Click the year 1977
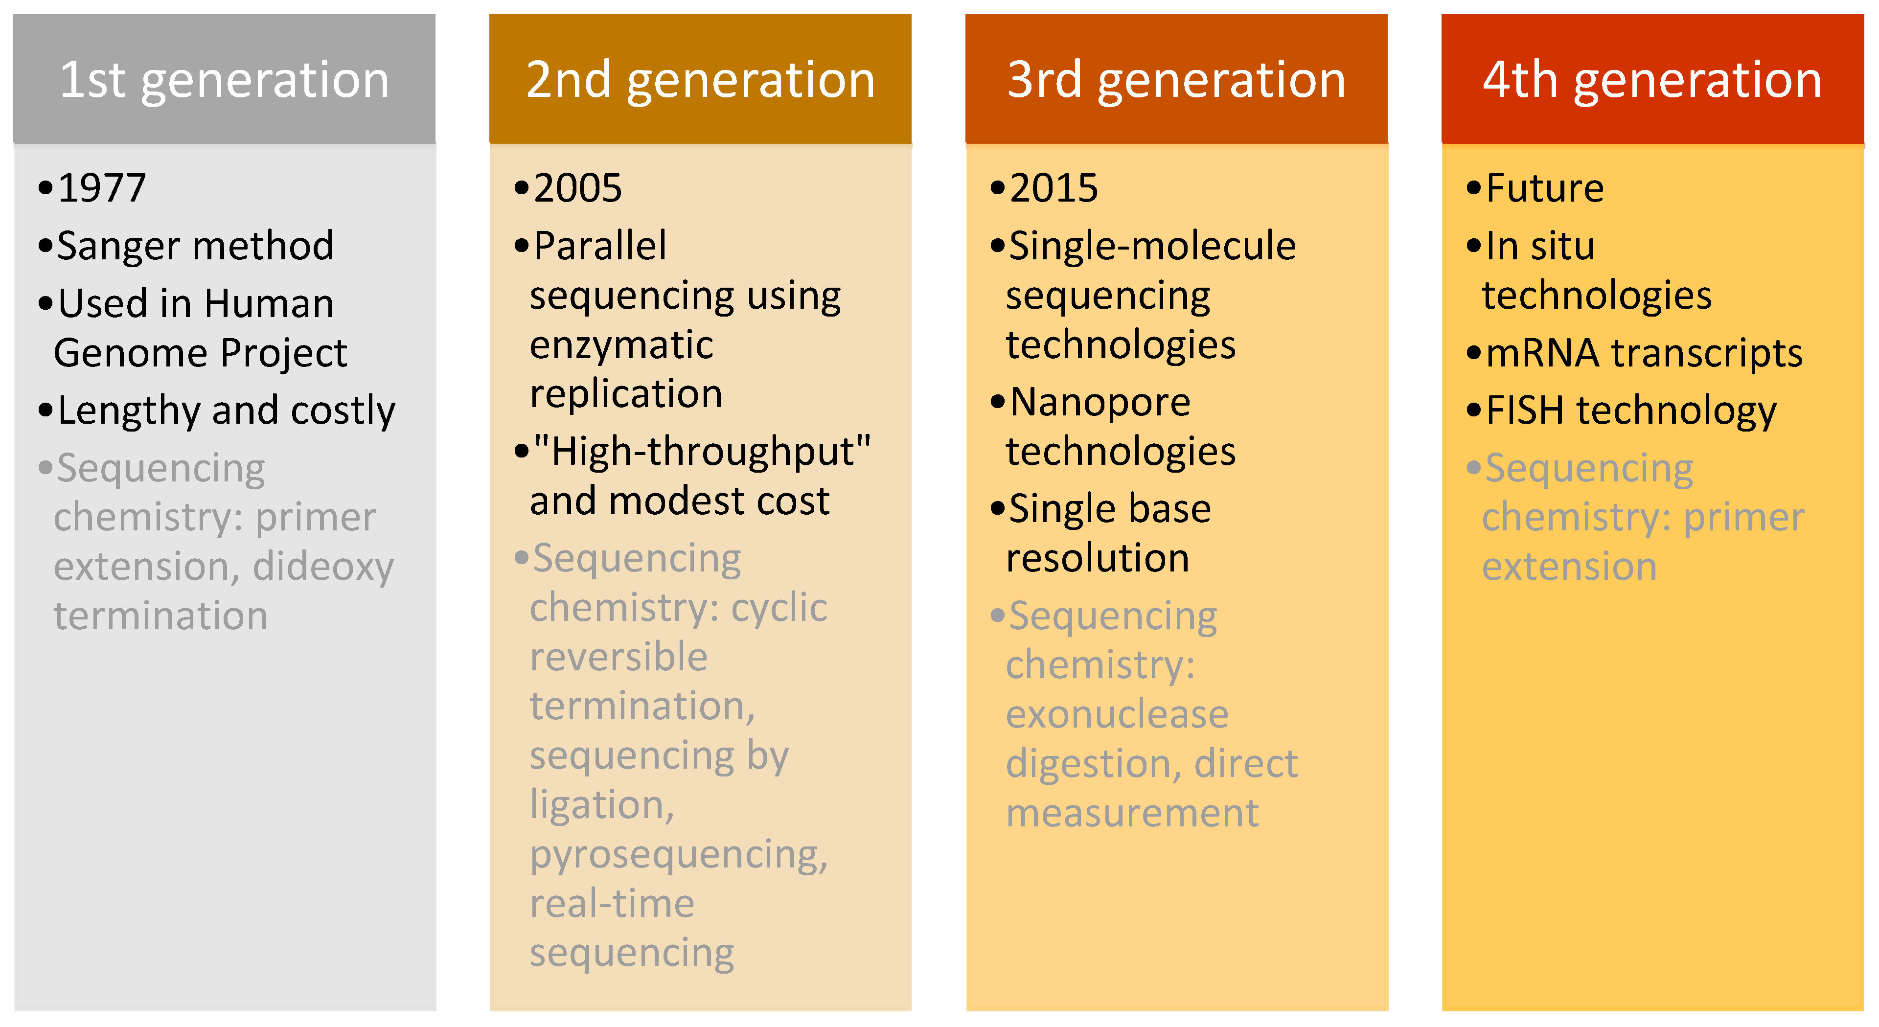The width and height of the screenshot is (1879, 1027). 102,188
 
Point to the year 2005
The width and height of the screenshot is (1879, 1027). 578,188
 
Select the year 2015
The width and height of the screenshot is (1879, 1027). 1054,188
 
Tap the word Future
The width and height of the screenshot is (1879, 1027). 1545,188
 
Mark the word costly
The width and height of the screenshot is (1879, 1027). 343,412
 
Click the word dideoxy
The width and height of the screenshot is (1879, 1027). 323,568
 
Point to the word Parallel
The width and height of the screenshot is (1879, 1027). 600,246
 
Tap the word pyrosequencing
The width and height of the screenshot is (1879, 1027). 679,856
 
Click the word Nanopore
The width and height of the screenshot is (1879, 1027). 1100,403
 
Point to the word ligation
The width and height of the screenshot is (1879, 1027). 602,806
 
